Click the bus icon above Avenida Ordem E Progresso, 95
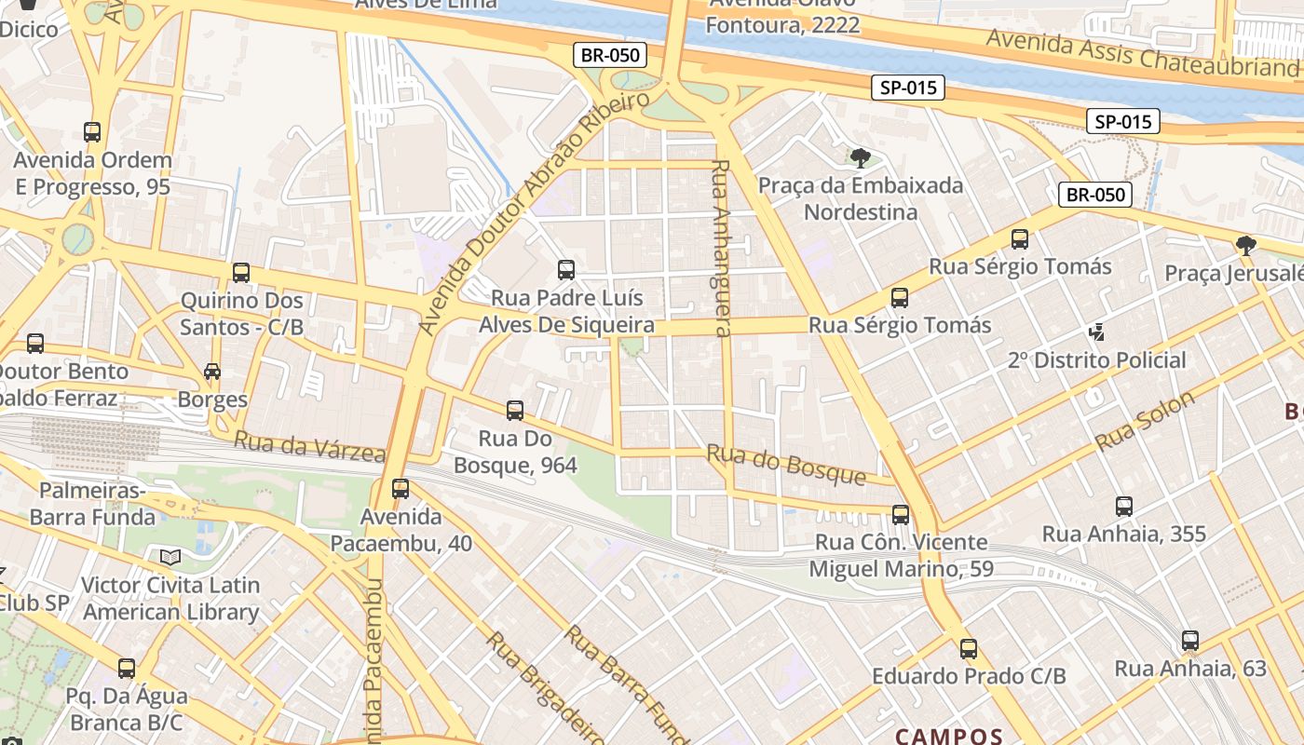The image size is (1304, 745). (92, 132)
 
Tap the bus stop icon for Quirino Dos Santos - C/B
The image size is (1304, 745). (241, 273)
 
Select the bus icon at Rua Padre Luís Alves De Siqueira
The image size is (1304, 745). (566, 270)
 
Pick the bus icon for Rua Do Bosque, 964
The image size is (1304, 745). (515, 410)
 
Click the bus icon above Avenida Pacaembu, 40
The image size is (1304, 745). (401, 488)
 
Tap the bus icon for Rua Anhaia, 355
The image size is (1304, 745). (1124, 507)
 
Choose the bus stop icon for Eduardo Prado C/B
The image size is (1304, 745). (969, 649)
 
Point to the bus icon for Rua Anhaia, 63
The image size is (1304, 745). (1190, 641)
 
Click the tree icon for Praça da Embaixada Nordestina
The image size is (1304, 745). (861, 156)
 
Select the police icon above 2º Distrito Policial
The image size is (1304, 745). (1096, 332)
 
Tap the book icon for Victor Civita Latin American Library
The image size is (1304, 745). (170, 558)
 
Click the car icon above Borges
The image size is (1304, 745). (212, 372)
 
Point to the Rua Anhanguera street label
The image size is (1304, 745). (721, 248)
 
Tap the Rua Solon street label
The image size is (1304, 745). (1145, 421)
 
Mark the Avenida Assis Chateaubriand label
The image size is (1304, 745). (1142, 53)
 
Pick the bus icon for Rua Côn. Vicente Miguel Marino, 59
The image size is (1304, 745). (901, 514)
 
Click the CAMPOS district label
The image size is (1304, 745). (949, 736)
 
